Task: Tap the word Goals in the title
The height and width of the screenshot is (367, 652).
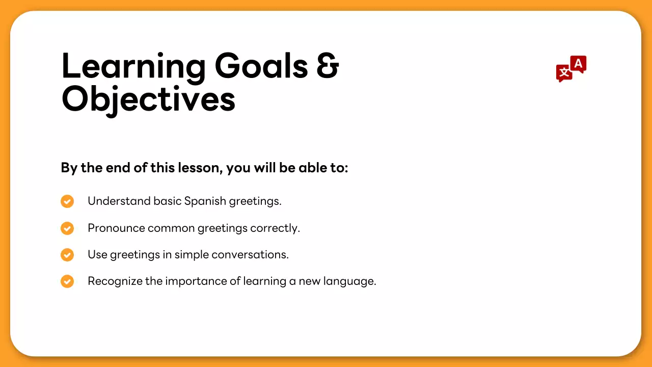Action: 261,66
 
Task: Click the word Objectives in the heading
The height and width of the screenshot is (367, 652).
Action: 148,99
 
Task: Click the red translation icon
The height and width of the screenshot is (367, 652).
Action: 570,69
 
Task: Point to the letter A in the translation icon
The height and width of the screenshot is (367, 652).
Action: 578,64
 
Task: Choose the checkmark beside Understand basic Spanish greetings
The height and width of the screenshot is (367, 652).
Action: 67,201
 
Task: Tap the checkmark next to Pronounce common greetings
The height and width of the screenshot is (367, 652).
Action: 67,228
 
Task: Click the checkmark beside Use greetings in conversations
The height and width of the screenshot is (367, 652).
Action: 67,255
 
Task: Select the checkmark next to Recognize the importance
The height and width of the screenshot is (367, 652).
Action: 67,281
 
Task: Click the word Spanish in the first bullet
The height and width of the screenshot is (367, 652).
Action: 205,201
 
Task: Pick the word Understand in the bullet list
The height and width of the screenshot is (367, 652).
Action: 119,201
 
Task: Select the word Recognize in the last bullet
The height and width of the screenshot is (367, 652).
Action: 115,281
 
